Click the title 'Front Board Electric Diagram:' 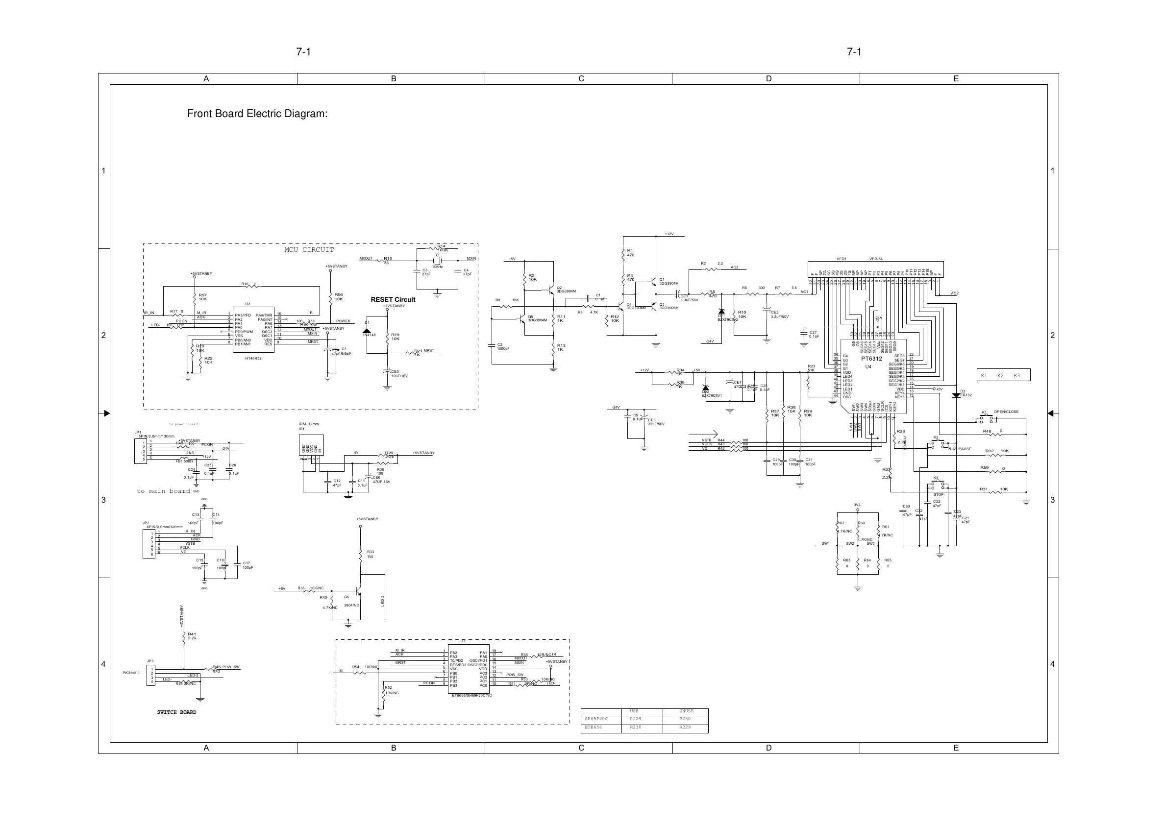[x=257, y=114]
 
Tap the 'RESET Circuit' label [x=393, y=300]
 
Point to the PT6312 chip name [x=871, y=359]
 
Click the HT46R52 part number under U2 [x=253, y=358]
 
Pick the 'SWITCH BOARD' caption [x=176, y=712]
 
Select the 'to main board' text [x=163, y=491]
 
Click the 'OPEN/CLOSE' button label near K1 [x=1006, y=412]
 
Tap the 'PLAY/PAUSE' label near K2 [x=959, y=449]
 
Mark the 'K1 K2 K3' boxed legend [x=1003, y=375]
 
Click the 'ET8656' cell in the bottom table [x=594, y=728]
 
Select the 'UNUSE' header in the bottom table [x=686, y=711]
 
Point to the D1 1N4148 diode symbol [x=366, y=331]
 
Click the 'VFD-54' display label [x=876, y=259]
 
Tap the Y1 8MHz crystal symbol [x=437, y=260]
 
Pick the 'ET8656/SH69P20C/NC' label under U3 [x=471, y=696]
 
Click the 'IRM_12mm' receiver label [x=309, y=424]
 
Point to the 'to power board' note [x=183, y=424]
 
